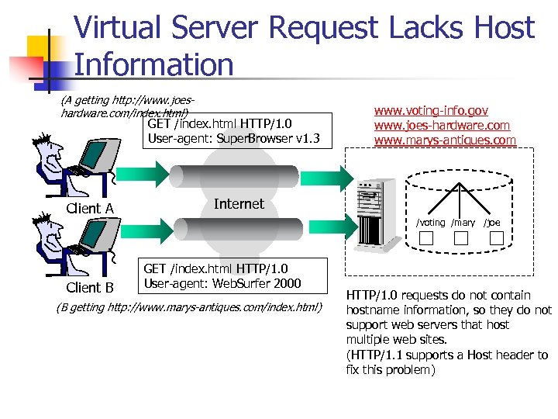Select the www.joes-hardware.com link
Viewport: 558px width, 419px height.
point(442,125)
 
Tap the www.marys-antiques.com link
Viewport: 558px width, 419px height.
point(445,140)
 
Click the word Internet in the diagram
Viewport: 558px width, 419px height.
point(239,203)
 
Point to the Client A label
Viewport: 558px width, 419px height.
point(90,208)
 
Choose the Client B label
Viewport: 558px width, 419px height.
point(90,288)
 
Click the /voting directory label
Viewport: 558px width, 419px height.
point(430,223)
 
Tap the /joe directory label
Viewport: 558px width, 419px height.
point(492,223)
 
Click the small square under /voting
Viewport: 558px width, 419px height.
point(429,238)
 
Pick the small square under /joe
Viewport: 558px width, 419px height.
point(497,238)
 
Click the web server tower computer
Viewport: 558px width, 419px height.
point(377,213)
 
